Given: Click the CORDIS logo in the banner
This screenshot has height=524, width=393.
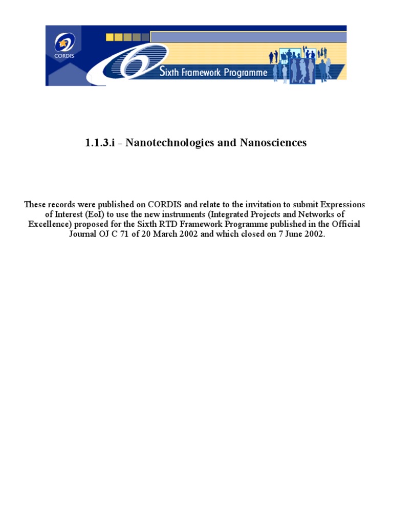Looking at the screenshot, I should pos(64,45).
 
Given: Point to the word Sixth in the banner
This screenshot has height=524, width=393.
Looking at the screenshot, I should pos(169,73).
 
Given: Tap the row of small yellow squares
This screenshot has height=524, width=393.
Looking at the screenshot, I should pos(127,37).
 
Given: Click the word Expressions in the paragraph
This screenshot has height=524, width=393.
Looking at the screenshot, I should pos(342,205).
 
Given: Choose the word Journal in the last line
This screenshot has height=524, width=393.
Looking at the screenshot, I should pos(84,234).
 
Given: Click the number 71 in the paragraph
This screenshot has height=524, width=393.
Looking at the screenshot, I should pos(133,234).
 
